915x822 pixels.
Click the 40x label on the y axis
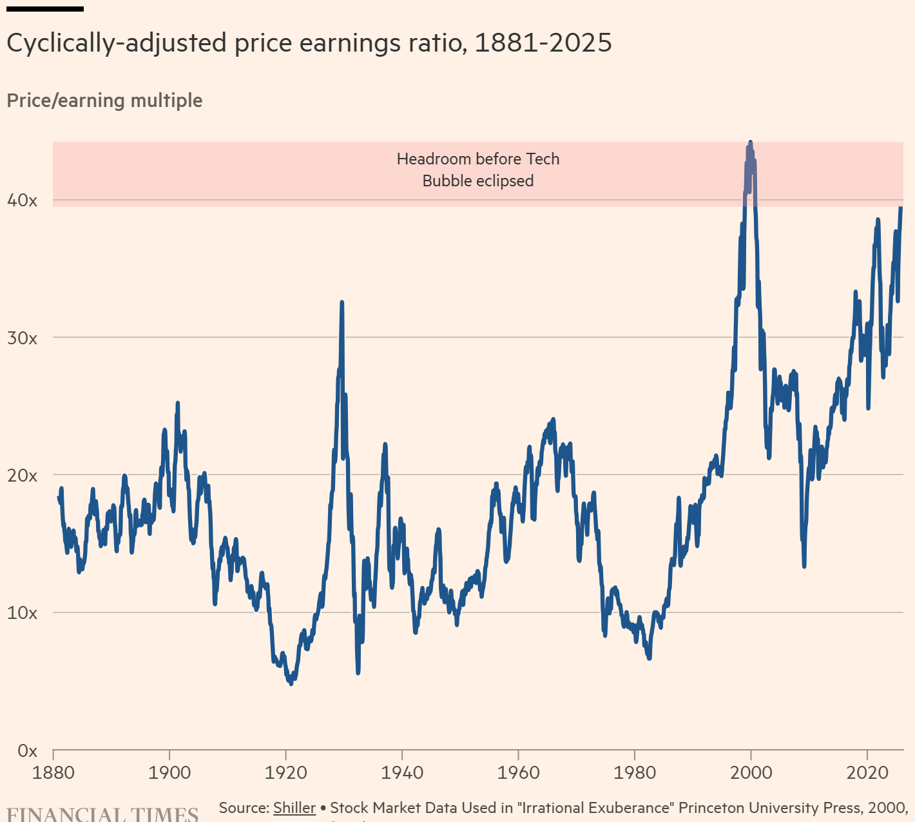pyautogui.click(x=22, y=201)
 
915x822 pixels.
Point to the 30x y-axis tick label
pyautogui.click(x=22, y=338)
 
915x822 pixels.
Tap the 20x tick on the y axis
pyautogui.click(x=22, y=476)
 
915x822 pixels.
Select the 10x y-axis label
pyautogui.click(x=22, y=613)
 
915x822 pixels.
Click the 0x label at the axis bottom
pyautogui.click(x=27, y=751)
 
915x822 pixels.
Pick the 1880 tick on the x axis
pyautogui.click(x=53, y=772)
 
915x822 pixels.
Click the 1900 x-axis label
pyautogui.click(x=169, y=772)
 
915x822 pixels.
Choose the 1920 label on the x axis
pyautogui.click(x=285, y=772)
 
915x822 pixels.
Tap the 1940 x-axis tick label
pyautogui.click(x=402, y=772)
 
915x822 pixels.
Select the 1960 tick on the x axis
pyautogui.click(x=518, y=772)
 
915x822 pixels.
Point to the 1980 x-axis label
pyautogui.click(x=635, y=772)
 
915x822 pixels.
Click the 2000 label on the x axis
pyautogui.click(x=751, y=772)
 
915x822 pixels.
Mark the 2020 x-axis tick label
pyautogui.click(x=867, y=772)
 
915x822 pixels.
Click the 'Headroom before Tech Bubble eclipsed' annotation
pyautogui.click(x=478, y=170)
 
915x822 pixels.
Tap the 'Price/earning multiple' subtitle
pyautogui.click(x=104, y=101)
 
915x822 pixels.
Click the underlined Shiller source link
pyautogui.click(x=294, y=808)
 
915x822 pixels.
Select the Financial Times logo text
pyautogui.click(x=102, y=814)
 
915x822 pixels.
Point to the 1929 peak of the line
pyautogui.click(x=342, y=302)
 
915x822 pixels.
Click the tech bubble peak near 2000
pyautogui.click(x=750, y=142)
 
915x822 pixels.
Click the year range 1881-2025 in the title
pyautogui.click(x=543, y=43)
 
